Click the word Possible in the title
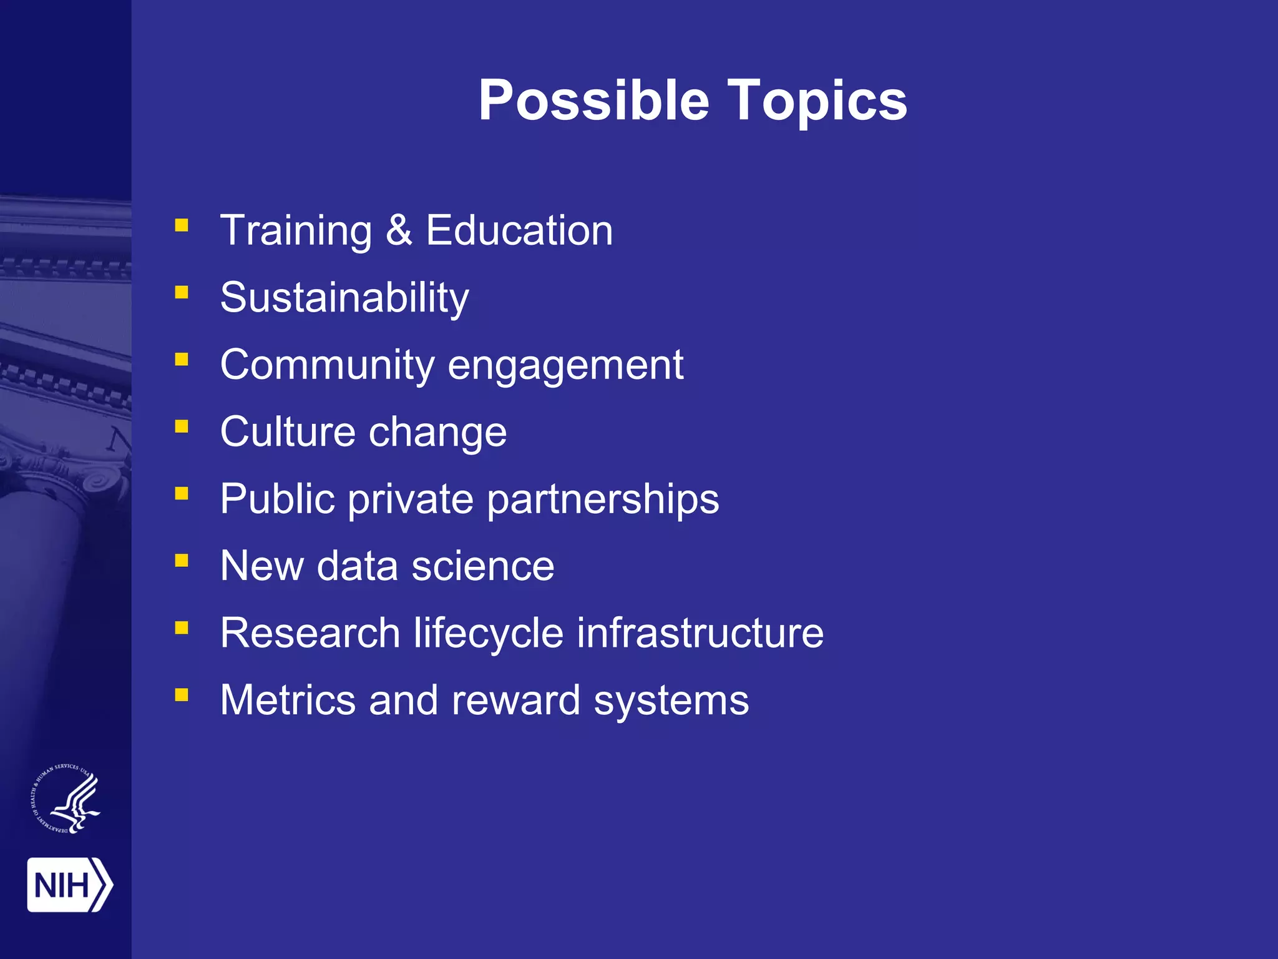pyautogui.click(x=593, y=101)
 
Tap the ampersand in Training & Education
pyautogui.click(x=399, y=230)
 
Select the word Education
pyautogui.click(x=519, y=230)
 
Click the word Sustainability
pyautogui.click(x=344, y=298)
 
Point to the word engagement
pyautogui.click(x=565, y=365)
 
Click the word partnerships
pyautogui.click(x=603, y=499)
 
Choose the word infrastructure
pyautogui.click(x=700, y=633)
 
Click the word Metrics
pyautogui.click(x=288, y=700)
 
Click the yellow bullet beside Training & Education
pyautogui.click(x=182, y=225)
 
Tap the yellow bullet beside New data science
pyautogui.click(x=182, y=561)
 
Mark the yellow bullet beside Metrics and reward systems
pyautogui.click(x=182, y=695)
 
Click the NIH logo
pyautogui.click(x=69, y=885)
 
